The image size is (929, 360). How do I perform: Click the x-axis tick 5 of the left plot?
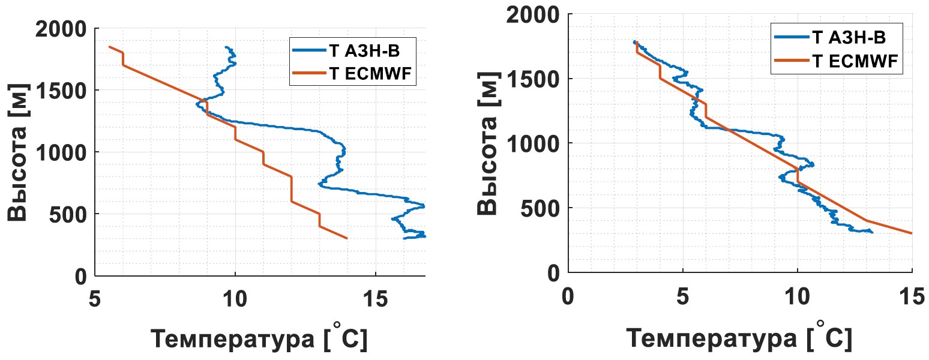tap(94, 298)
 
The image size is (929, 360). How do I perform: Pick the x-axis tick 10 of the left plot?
tap(235, 298)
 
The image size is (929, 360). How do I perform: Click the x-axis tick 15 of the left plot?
tap(375, 298)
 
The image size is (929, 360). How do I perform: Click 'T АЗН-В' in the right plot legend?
tap(848, 38)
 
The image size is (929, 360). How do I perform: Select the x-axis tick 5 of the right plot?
tap(682, 295)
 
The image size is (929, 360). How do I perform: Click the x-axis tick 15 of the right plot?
tap(912, 295)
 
